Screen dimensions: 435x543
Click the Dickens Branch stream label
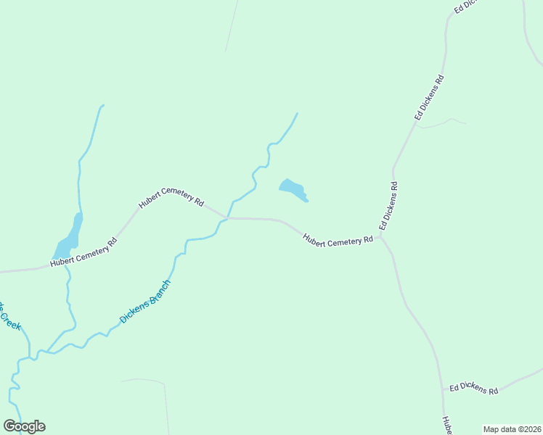[145, 302]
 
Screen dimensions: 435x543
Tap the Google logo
[24, 426]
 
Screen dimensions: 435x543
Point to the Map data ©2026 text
[512, 429]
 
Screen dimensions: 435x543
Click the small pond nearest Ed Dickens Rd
[292, 188]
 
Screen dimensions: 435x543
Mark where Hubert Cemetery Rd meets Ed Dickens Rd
[381, 235]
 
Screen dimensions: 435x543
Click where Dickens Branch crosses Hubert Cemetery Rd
[227, 217]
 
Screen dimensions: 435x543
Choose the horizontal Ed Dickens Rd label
[473, 389]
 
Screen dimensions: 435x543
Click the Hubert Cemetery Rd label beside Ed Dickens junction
[338, 240]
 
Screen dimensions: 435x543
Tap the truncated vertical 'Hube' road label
[448, 425]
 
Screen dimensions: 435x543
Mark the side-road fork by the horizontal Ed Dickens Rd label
[444, 391]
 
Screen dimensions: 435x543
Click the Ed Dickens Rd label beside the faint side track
[429, 97]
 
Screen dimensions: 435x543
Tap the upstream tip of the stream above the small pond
[297, 113]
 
